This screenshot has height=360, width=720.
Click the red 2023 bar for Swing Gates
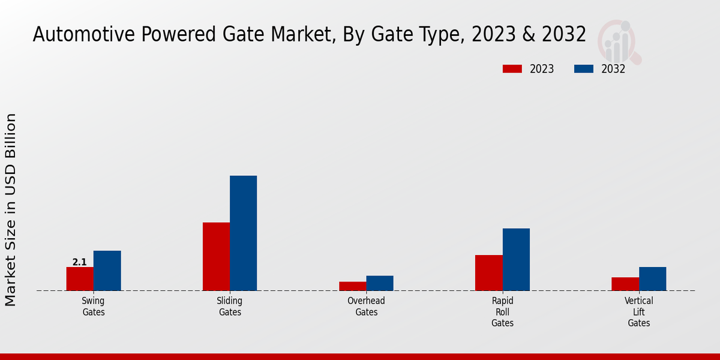(80, 279)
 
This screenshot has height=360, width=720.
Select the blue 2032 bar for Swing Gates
(107, 271)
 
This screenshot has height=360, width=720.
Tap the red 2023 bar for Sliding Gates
(216, 257)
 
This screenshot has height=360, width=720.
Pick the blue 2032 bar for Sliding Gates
(243, 233)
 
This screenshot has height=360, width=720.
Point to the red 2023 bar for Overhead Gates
(352, 286)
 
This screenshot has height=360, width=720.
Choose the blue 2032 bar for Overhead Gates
(380, 283)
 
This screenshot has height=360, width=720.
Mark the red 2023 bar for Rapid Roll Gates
(489, 273)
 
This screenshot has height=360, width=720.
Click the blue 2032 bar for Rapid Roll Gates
(516, 260)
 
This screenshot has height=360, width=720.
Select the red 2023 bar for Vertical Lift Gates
(625, 284)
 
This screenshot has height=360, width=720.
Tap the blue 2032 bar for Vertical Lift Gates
(652, 279)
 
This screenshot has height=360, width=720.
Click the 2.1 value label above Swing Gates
(80, 262)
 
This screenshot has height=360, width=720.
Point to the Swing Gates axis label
(94, 307)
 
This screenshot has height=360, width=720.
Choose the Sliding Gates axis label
(230, 307)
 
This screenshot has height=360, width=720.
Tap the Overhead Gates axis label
(366, 307)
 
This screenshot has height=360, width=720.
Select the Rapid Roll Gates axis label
(502, 312)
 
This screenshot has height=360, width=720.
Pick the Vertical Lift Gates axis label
(639, 312)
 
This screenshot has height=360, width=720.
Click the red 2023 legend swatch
(512, 69)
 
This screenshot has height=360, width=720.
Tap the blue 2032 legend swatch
(584, 69)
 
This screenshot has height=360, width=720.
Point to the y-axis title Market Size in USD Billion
(11, 209)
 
